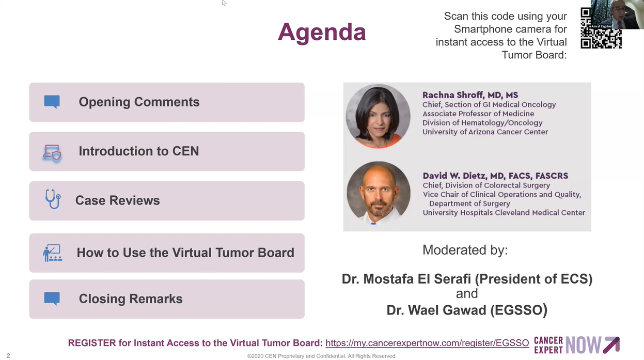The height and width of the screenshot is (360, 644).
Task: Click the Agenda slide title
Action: pos(322,32)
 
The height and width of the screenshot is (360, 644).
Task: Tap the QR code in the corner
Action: pos(601,28)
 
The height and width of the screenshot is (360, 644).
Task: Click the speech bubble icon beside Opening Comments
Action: pos(52,102)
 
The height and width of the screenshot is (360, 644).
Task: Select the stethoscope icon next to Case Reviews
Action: pos(53,199)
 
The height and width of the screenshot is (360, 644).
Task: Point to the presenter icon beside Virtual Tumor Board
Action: pos(52,253)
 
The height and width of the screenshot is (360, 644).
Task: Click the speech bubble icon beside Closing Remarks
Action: pos(52,299)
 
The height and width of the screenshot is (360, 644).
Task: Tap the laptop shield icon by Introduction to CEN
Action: pos(52,153)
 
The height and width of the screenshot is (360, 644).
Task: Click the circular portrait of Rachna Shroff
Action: pos(378,116)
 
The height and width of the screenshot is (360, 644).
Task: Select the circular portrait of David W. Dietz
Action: pos(379,193)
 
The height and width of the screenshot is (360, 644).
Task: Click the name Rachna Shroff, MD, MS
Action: pos(470,95)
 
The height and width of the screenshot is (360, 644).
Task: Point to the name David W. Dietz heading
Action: pos(495,176)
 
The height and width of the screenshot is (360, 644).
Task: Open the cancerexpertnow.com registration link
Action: pos(427,343)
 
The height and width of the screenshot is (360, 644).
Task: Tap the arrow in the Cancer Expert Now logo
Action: pos(611,345)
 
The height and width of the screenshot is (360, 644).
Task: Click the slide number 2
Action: pos(8,356)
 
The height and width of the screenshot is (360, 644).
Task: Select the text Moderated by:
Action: pos(465,250)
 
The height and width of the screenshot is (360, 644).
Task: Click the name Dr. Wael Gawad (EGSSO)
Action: pos(467,310)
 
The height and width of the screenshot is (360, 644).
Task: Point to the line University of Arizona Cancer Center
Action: pos(485,132)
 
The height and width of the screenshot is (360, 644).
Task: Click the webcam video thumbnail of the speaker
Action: pos(617,14)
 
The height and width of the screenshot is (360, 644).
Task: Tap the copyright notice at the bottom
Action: pos(322,356)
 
